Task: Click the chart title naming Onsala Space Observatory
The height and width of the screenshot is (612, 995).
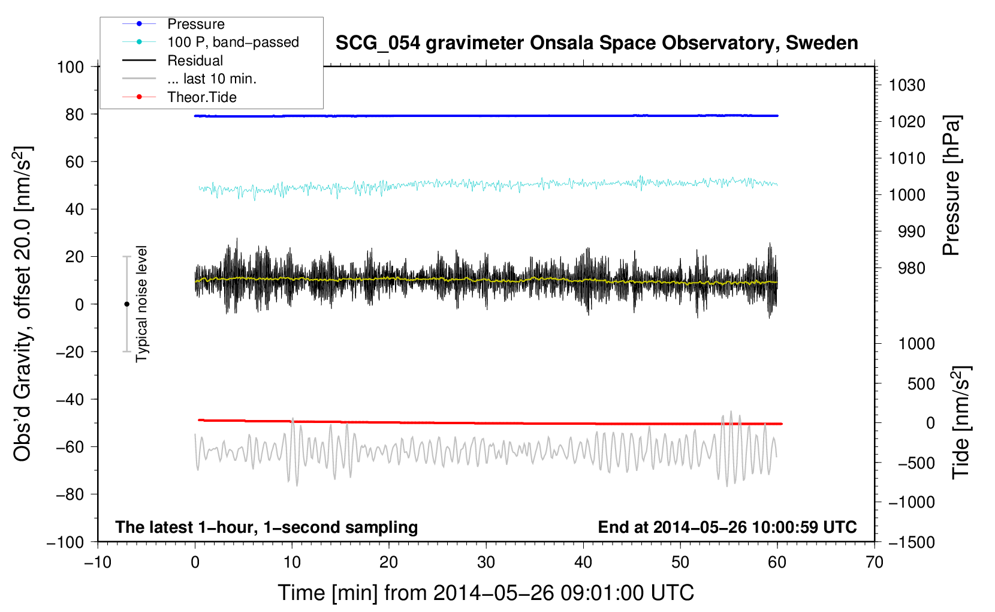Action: [596, 43]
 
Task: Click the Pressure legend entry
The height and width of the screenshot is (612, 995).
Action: [195, 24]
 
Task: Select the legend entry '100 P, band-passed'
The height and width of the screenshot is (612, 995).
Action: [233, 42]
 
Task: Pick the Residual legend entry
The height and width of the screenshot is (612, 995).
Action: [195, 61]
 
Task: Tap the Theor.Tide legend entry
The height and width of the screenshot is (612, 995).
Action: [201, 97]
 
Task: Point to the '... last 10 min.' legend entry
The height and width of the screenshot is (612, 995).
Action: [212, 79]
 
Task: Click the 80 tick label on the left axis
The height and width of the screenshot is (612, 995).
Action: [74, 114]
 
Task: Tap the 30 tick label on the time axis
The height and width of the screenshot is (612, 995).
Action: [486, 562]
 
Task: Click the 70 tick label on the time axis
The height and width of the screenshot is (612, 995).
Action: [875, 562]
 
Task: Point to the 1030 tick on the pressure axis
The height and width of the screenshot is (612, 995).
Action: [907, 85]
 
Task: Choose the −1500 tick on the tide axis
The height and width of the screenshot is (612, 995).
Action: [912, 542]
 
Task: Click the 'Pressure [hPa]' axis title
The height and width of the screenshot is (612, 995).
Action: [951, 185]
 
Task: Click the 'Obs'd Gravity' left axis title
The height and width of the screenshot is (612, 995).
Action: [23, 304]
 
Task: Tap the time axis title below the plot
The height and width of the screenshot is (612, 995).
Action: [486, 593]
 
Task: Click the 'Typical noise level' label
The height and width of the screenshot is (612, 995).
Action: [141, 304]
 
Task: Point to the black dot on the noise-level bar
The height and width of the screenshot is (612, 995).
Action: [126, 304]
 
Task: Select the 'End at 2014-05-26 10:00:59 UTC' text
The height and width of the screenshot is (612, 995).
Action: [727, 527]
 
